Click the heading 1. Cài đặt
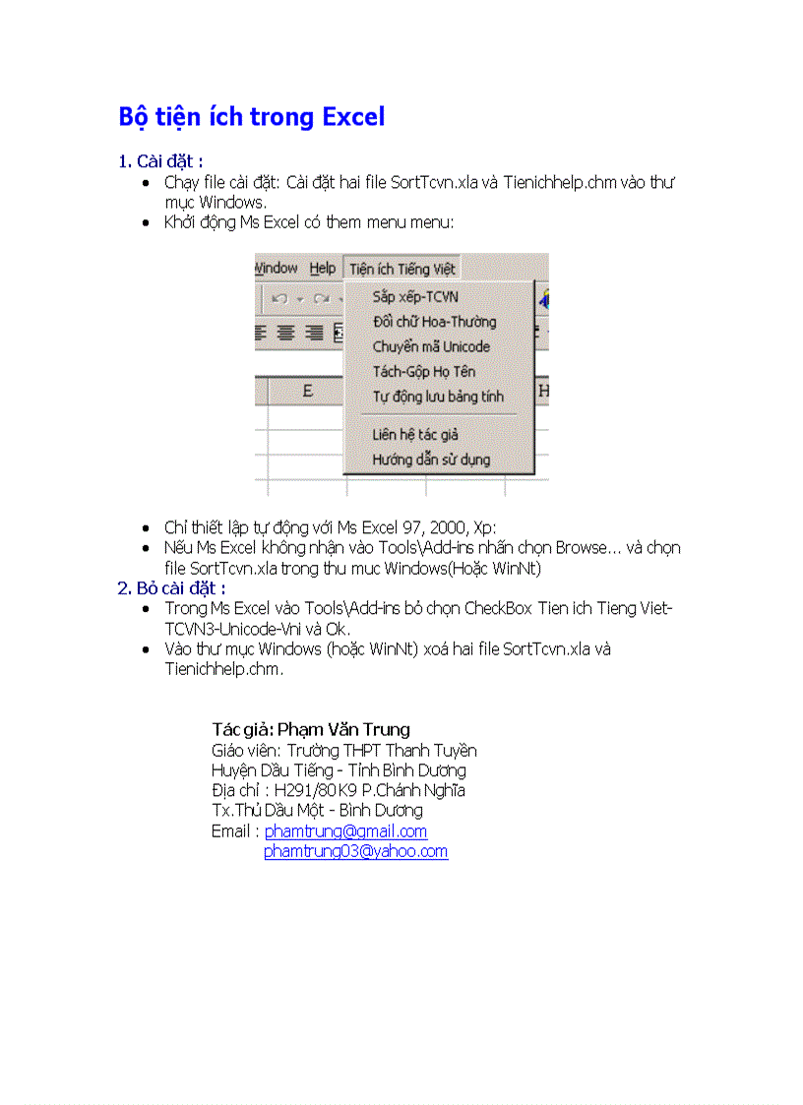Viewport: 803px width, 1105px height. click(x=160, y=161)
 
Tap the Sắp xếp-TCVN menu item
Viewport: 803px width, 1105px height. click(x=415, y=297)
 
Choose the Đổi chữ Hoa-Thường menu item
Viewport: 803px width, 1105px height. click(x=434, y=322)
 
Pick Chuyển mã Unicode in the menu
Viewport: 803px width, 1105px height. click(x=430, y=346)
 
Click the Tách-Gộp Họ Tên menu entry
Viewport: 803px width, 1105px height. click(x=423, y=372)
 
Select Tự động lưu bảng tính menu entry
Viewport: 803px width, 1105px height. click(x=437, y=397)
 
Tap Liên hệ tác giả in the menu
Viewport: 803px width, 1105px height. click(x=414, y=434)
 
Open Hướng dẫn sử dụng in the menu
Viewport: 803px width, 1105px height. click(x=430, y=460)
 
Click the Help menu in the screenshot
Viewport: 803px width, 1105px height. click(x=322, y=269)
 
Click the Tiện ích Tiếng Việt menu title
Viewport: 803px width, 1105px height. click(x=401, y=269)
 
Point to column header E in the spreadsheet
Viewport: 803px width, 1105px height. click(x=307, y=392)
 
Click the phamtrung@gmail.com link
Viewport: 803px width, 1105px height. click(x=345, y=831)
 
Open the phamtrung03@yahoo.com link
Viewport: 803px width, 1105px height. click(x=355, y=851)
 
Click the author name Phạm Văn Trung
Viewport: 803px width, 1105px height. click(x=343, y=729)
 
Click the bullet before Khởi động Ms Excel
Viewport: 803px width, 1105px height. click(x=146, y=223)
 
